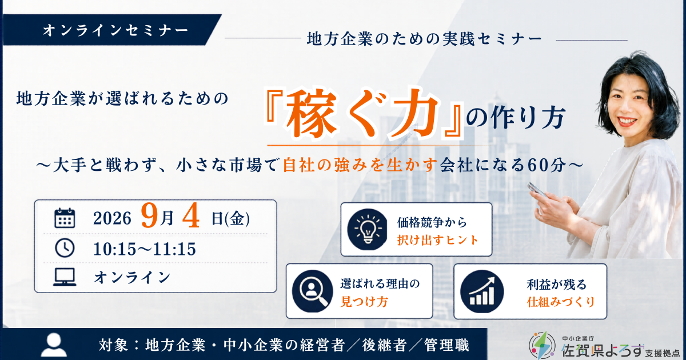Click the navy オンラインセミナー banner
point(112,30)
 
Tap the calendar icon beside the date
point(65,218)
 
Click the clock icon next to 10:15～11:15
point(65,247)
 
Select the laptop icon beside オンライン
point(65,277)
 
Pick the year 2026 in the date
point(112,218)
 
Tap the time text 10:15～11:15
point(144,249)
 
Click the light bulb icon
point(367,229)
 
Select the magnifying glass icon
point(312,291)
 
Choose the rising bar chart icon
point(482,291)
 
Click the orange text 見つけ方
point(365,302)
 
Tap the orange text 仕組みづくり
point(561,302)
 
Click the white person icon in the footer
point(54,345)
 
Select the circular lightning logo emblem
point(542,346)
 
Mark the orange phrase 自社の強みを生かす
point(360,165)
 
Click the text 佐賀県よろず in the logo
point(603,350)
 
